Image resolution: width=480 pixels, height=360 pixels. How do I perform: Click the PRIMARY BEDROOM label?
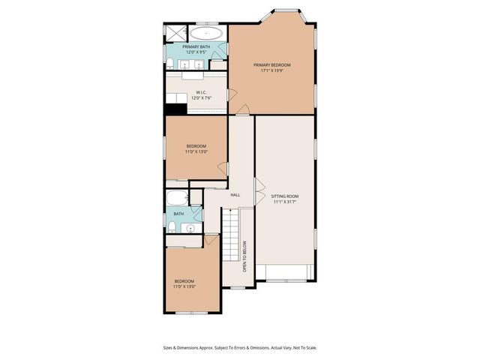271,65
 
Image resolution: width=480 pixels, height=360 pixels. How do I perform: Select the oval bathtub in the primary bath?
205,34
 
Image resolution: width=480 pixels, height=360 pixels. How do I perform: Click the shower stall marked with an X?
175,32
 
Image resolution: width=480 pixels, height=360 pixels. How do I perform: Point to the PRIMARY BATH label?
196,47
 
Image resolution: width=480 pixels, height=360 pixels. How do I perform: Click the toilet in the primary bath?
171,62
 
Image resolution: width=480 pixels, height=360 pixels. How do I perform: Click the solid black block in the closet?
175,109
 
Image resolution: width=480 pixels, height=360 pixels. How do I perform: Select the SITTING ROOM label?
285,196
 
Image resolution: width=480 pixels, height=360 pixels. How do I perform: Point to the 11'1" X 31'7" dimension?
285,202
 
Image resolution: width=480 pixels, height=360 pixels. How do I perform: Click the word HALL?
235,195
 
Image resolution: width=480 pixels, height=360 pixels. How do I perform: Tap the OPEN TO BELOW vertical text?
244,256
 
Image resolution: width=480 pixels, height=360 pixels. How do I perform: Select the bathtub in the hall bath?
178,199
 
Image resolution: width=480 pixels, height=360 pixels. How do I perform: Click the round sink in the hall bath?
192,229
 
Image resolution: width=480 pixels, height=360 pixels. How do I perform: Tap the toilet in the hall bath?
172,226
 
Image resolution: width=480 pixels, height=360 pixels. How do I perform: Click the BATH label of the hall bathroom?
178,214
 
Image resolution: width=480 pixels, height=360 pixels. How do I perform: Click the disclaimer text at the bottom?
240,347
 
